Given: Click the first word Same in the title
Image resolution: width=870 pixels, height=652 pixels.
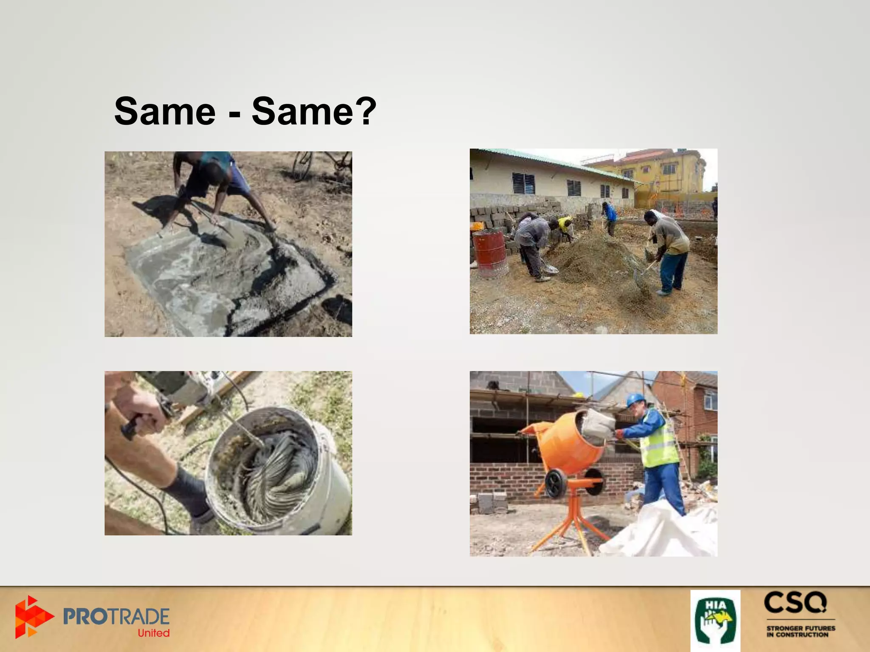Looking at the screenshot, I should (x=165, y=111).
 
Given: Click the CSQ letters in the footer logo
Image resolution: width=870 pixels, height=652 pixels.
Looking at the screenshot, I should (x=795, y=603).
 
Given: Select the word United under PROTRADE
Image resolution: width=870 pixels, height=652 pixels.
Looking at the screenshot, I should (x=153, y=633).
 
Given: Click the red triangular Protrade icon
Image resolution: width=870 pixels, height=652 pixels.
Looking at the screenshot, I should (x=32, y=617).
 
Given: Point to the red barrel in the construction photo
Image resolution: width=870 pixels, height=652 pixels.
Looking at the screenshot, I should (x=490, y=253).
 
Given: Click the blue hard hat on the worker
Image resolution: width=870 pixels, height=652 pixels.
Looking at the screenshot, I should (x=635, y=399).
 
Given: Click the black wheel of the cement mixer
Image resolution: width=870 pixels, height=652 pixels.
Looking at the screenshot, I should (x=556, y=483).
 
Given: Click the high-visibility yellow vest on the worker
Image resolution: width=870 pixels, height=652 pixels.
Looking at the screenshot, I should (x=659, y=444).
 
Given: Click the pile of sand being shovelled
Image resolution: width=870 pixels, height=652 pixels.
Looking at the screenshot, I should (x=595, y=255).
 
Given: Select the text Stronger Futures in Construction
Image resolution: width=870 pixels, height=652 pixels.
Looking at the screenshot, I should (x=800, y=631).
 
